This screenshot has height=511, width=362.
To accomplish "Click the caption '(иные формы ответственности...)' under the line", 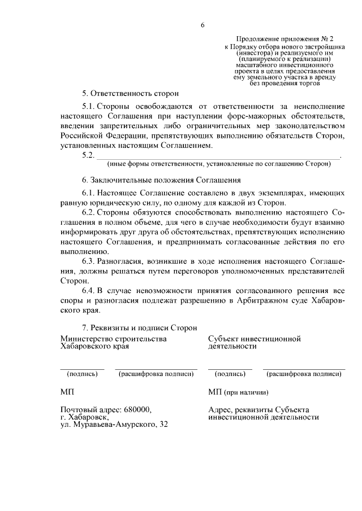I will (x=218, y=164).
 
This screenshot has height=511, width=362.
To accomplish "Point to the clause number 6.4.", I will (x=88, y=290).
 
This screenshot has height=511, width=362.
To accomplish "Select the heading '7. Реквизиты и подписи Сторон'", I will (x=139, y=327).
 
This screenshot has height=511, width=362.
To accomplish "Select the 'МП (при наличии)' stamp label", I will (x=238, y=391).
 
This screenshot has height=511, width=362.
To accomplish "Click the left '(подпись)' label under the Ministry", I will (x=82, y=373).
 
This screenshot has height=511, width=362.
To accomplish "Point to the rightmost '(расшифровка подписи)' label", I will (x=304, y=373).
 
